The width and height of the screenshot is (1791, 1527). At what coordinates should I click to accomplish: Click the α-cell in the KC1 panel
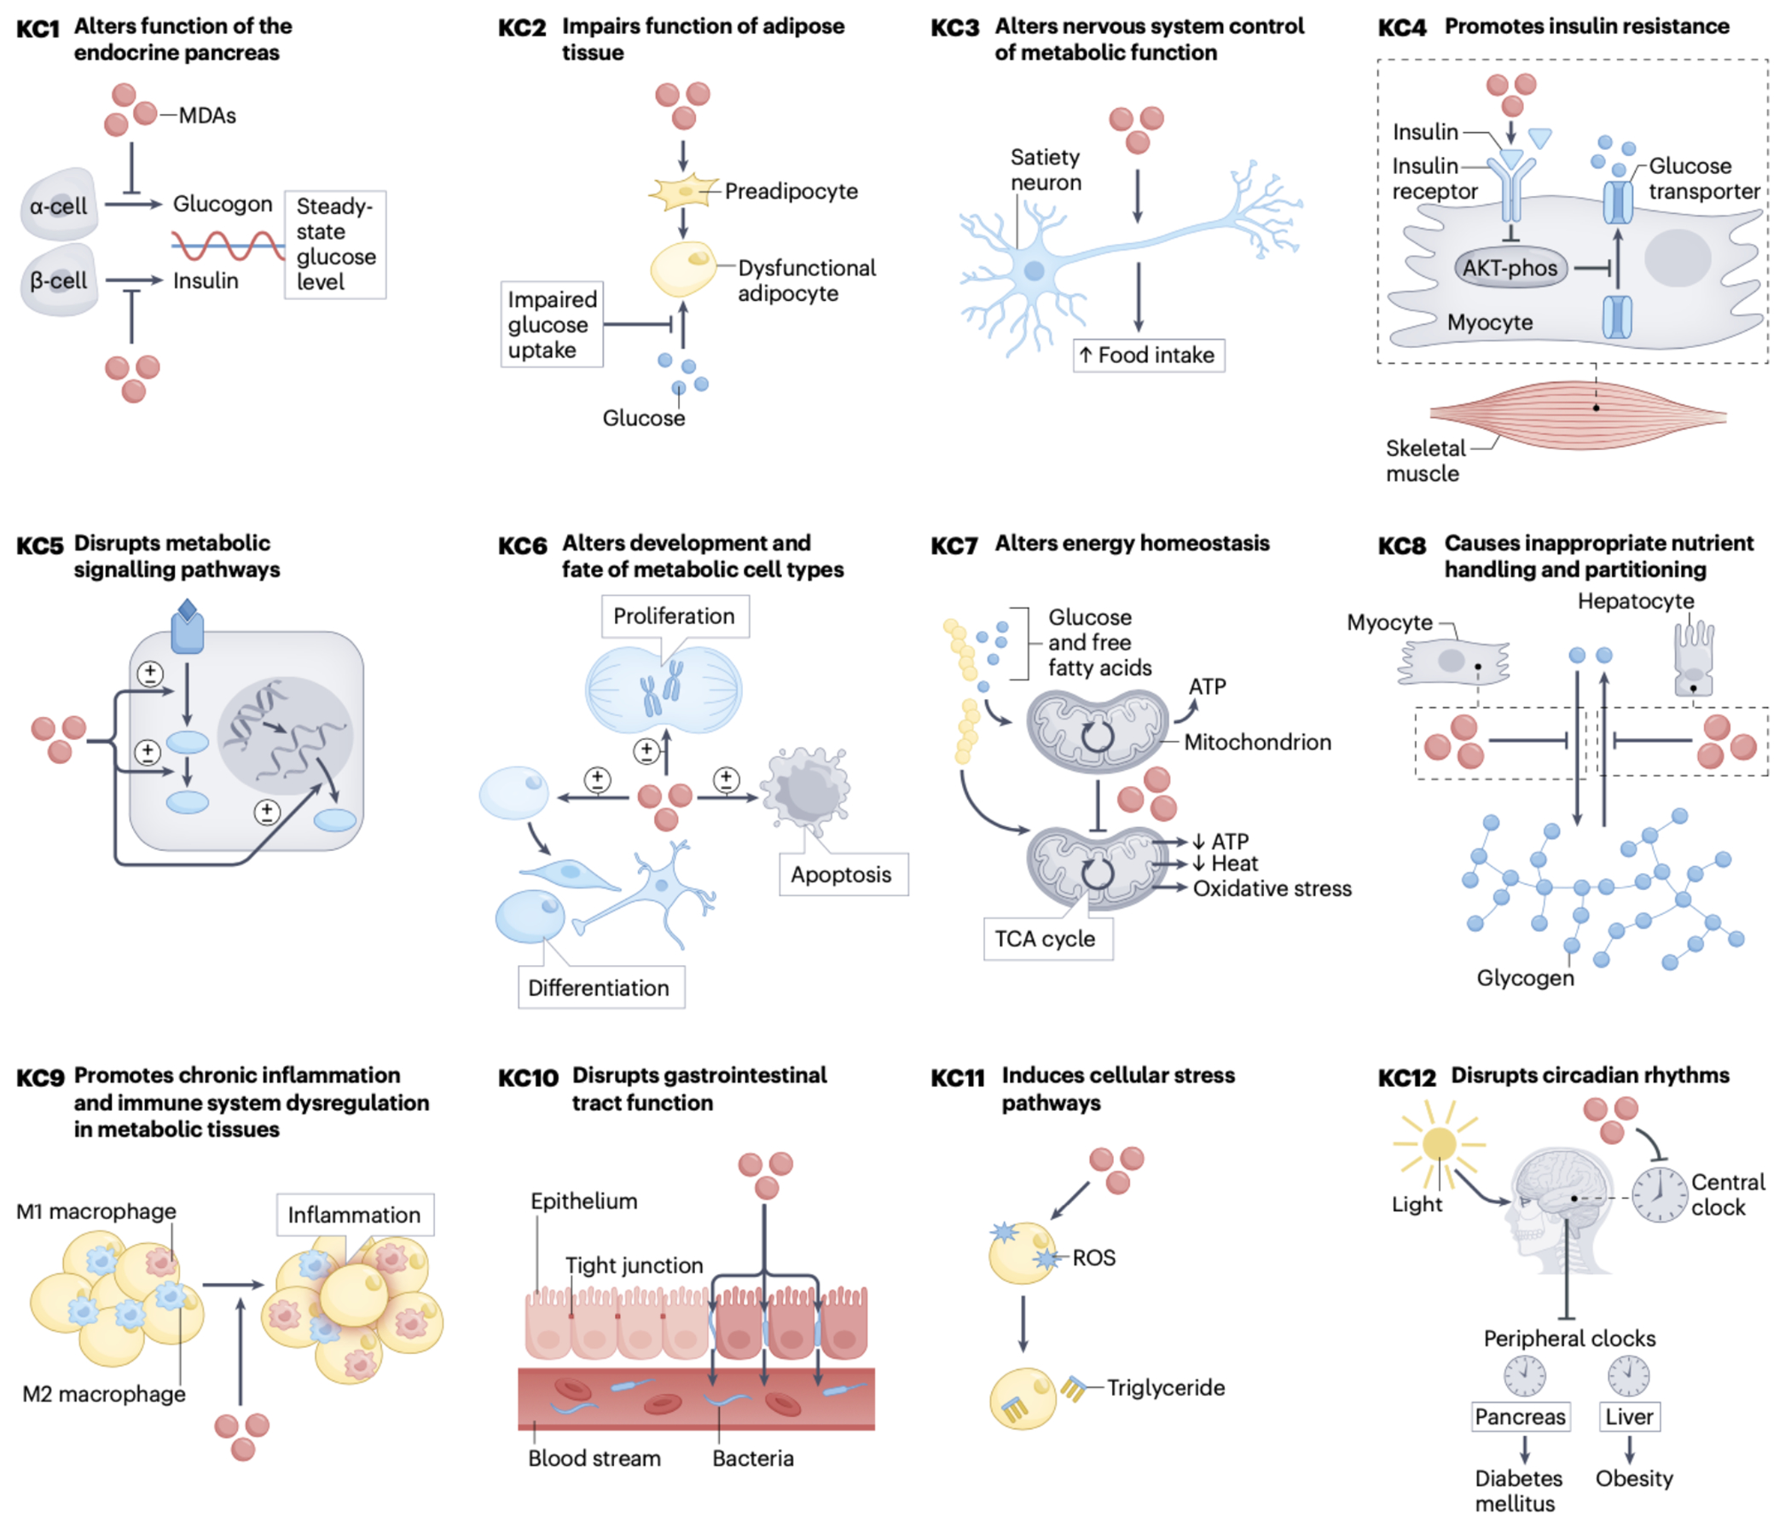point(58,205)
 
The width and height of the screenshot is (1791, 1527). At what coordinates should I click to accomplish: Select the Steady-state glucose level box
point(335,245)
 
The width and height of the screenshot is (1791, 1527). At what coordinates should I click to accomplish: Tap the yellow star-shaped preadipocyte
point(684,192)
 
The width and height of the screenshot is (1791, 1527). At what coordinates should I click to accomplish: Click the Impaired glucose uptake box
point(552,325)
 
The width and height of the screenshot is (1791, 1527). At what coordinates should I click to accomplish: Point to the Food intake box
point(1148,356)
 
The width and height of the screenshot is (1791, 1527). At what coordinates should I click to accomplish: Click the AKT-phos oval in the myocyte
point(1510,269)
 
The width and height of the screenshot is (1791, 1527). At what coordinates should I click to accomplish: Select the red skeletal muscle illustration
point(1578,415)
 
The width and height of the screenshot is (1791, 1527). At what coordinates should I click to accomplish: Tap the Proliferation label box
point(675,616)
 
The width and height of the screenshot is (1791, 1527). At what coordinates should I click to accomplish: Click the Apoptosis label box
point(842,875)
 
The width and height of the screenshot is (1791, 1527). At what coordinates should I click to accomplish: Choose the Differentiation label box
point(600,988)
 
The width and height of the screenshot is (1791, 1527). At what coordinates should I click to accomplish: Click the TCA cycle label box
point(1046,939)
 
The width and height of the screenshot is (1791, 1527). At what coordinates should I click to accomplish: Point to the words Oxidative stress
point(1272,888)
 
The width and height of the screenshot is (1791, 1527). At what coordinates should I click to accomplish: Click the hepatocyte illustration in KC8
point(1692,660)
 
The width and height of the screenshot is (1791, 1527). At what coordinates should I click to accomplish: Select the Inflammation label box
point(355,1215)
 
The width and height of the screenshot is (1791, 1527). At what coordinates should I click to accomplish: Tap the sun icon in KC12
point(1438,1144)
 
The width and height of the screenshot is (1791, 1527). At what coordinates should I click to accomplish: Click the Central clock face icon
point(1659,1195)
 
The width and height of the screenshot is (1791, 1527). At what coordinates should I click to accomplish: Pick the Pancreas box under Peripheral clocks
point(1520,1416)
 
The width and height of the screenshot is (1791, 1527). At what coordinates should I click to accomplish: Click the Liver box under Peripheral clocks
point(1628,1416)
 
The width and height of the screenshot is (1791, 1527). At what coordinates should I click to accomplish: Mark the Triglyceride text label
point(1165,1388)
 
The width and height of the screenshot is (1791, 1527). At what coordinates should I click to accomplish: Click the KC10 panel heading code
point(528,1078)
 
